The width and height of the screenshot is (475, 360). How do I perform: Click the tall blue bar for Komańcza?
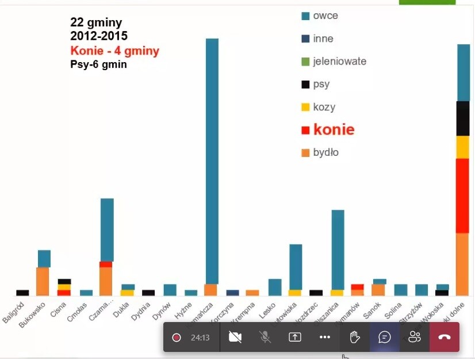212,161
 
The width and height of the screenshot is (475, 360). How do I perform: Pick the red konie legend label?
334,130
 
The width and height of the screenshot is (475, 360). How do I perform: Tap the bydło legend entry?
325,153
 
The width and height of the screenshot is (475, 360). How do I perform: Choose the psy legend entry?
321,85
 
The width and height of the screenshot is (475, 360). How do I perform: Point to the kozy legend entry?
324,108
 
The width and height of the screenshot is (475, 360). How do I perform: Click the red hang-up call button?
444,337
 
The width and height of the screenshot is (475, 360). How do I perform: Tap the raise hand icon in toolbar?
355,337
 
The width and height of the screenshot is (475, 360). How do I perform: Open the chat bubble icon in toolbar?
385,337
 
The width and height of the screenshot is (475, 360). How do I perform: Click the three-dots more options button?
325,337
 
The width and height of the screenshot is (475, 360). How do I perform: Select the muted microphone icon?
265,337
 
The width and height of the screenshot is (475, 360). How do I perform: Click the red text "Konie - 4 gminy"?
114,51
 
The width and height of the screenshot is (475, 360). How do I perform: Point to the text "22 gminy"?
96,23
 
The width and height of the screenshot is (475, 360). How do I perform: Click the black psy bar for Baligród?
22,293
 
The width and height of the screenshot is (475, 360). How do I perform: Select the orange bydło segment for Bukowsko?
43,281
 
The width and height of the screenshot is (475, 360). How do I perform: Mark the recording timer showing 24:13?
200,338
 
